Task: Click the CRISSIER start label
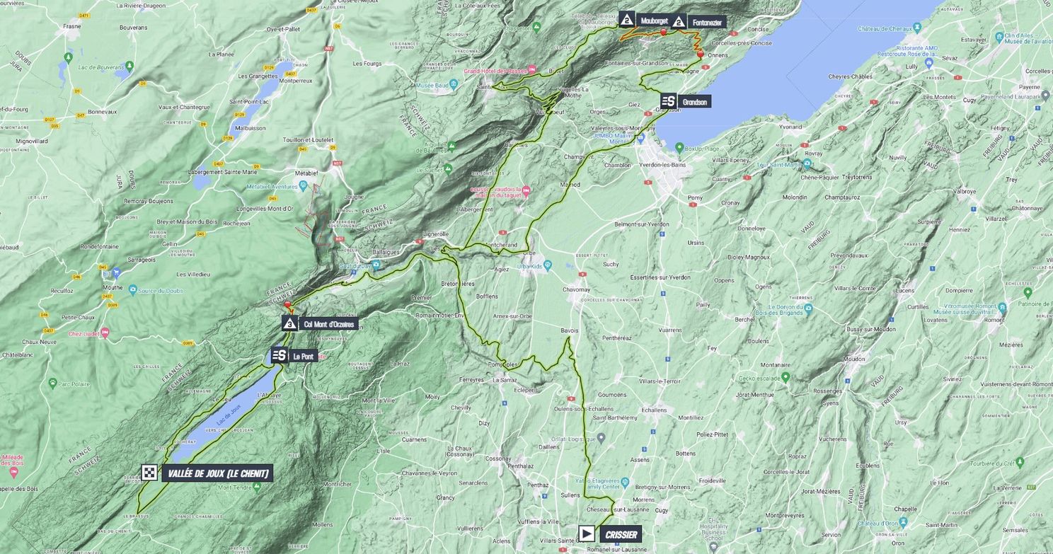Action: tap(621, 534)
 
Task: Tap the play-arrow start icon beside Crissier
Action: tap(587, 533)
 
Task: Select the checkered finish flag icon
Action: tap(149, 473)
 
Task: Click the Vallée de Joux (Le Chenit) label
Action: tap(218, 473)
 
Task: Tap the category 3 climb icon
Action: tap(289, 323)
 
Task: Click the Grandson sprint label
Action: tap(695, 101)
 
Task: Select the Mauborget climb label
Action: tap(654, 21)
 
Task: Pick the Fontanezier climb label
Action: tap(707, 23)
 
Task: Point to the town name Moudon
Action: tap(854, 359)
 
